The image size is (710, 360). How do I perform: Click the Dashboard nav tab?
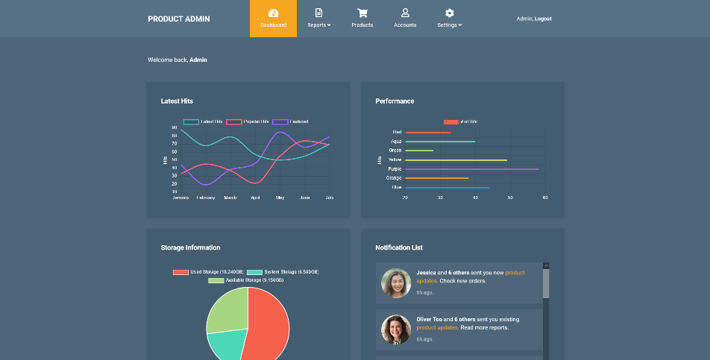273,19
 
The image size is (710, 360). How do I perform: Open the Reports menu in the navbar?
318,19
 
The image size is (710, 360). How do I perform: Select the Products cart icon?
362,13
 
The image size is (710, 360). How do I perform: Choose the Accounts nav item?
405,19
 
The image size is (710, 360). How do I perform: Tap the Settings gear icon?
450,13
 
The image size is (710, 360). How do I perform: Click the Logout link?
543,19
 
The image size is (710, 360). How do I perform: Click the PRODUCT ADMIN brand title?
178,19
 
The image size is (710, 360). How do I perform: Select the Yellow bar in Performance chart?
456,160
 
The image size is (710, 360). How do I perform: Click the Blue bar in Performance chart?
447,187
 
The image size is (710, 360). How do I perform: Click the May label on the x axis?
280,198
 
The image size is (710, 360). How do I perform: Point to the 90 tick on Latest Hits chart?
175,127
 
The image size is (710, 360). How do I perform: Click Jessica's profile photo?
396,283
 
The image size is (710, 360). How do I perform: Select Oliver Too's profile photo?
396,329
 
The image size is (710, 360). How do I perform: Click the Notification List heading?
399,247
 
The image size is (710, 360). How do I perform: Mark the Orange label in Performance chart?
394,178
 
